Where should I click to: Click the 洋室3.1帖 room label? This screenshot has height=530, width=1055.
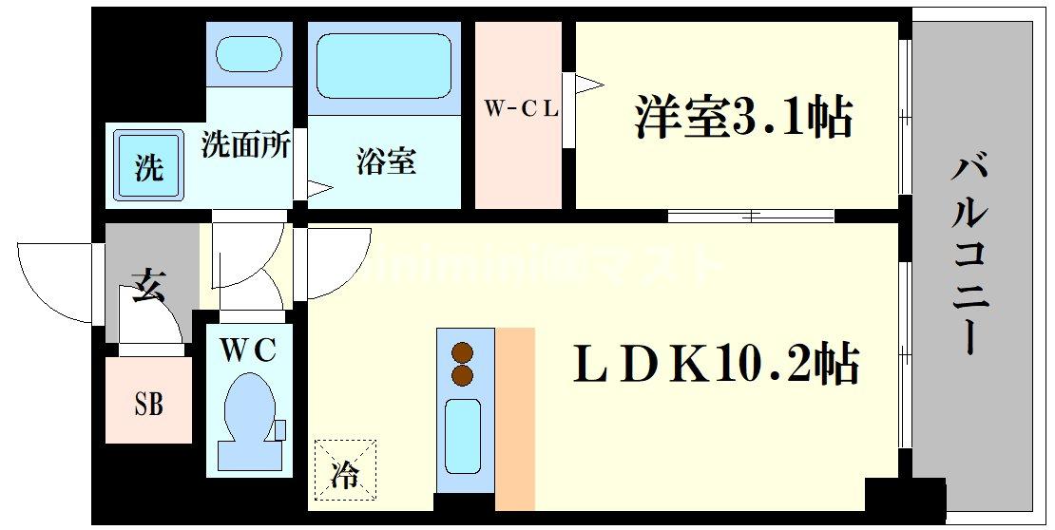pos(742,119)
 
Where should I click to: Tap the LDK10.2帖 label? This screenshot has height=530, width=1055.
pos(716,364)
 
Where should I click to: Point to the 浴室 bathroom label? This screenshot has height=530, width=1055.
pos(386,161)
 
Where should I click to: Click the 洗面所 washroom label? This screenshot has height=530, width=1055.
pos(246,145)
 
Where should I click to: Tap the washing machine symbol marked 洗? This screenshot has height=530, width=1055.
pos(148,166)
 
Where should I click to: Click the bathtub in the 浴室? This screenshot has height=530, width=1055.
pos(383,66)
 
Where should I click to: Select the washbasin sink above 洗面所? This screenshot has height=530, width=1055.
pos(248,55)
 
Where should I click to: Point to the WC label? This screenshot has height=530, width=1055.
pos(248,350)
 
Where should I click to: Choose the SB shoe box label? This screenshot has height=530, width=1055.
pos(147,404)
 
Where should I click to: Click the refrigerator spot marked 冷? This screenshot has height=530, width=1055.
pos(345,467)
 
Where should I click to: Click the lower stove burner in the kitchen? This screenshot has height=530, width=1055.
pos(463,375)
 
